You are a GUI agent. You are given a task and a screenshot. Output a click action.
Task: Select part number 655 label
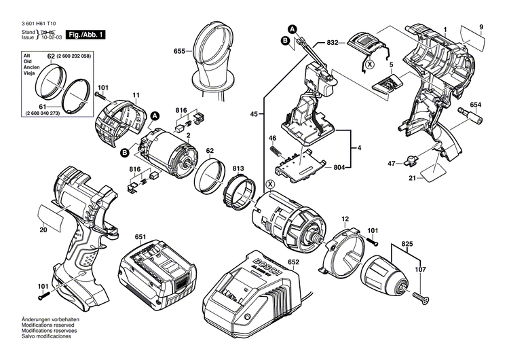tap(179, 51)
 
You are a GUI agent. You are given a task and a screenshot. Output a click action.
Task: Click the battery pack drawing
tap(158, 271)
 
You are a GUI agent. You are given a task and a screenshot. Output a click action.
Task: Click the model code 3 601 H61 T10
tap(40, 22)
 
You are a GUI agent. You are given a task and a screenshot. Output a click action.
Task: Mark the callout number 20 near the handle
tap(43, 230)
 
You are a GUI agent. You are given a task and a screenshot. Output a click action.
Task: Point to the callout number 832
tap(333, 42)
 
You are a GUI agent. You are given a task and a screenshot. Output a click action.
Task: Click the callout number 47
tap(392, 163)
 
